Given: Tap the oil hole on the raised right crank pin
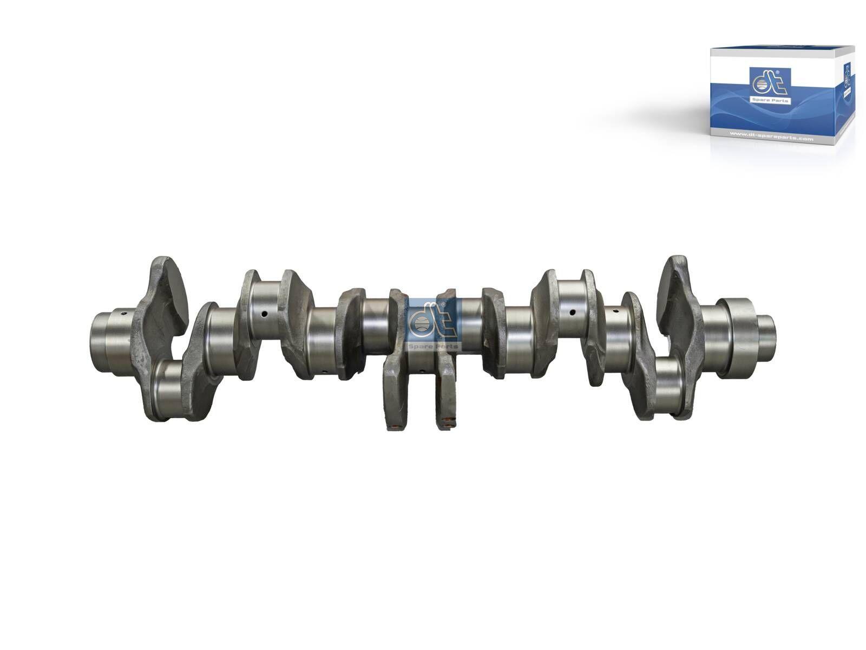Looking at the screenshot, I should [x=572, y=312].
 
